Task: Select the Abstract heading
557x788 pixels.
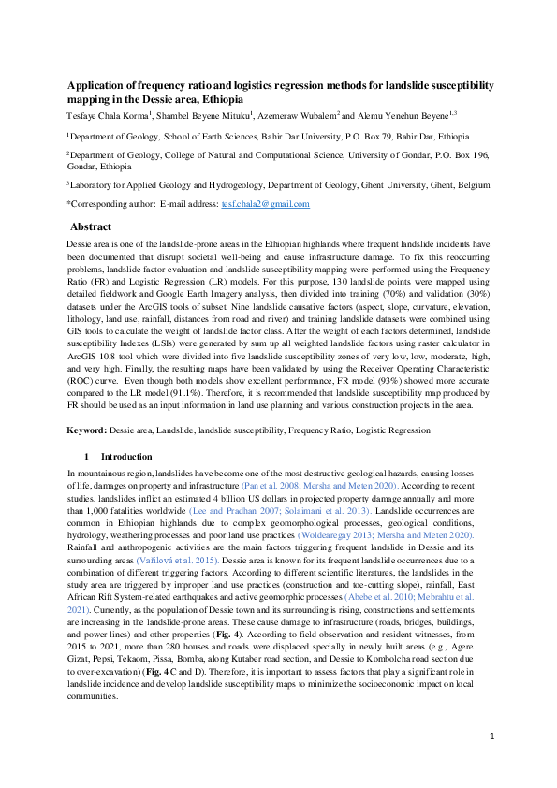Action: [92, 226]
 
